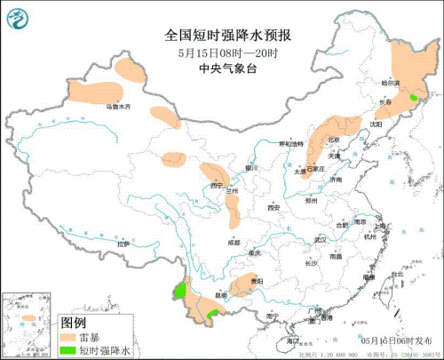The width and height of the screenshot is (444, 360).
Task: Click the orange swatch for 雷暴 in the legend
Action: pyautogui.click(x=68, y=339)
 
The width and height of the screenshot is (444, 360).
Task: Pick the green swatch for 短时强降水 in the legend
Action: pyautogui.click(x=68, y=351)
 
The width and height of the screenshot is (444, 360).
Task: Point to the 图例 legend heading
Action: pyautogui.click(x=72, y=323)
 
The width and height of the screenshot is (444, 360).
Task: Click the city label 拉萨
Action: pyautogui.click(x=123, y=243)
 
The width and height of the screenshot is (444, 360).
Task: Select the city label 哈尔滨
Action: pyautogui.click(x=405, y=83)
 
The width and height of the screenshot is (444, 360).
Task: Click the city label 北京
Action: pyautogui.click(x=333, y=140)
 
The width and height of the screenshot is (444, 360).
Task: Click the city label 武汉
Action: pyautogui.click(x=321, y=239)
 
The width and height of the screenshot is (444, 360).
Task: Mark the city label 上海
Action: pyautogui.click(x=379, y=227)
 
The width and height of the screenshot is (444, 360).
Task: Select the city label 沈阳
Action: pyautogui.click(x=377, y=124)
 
